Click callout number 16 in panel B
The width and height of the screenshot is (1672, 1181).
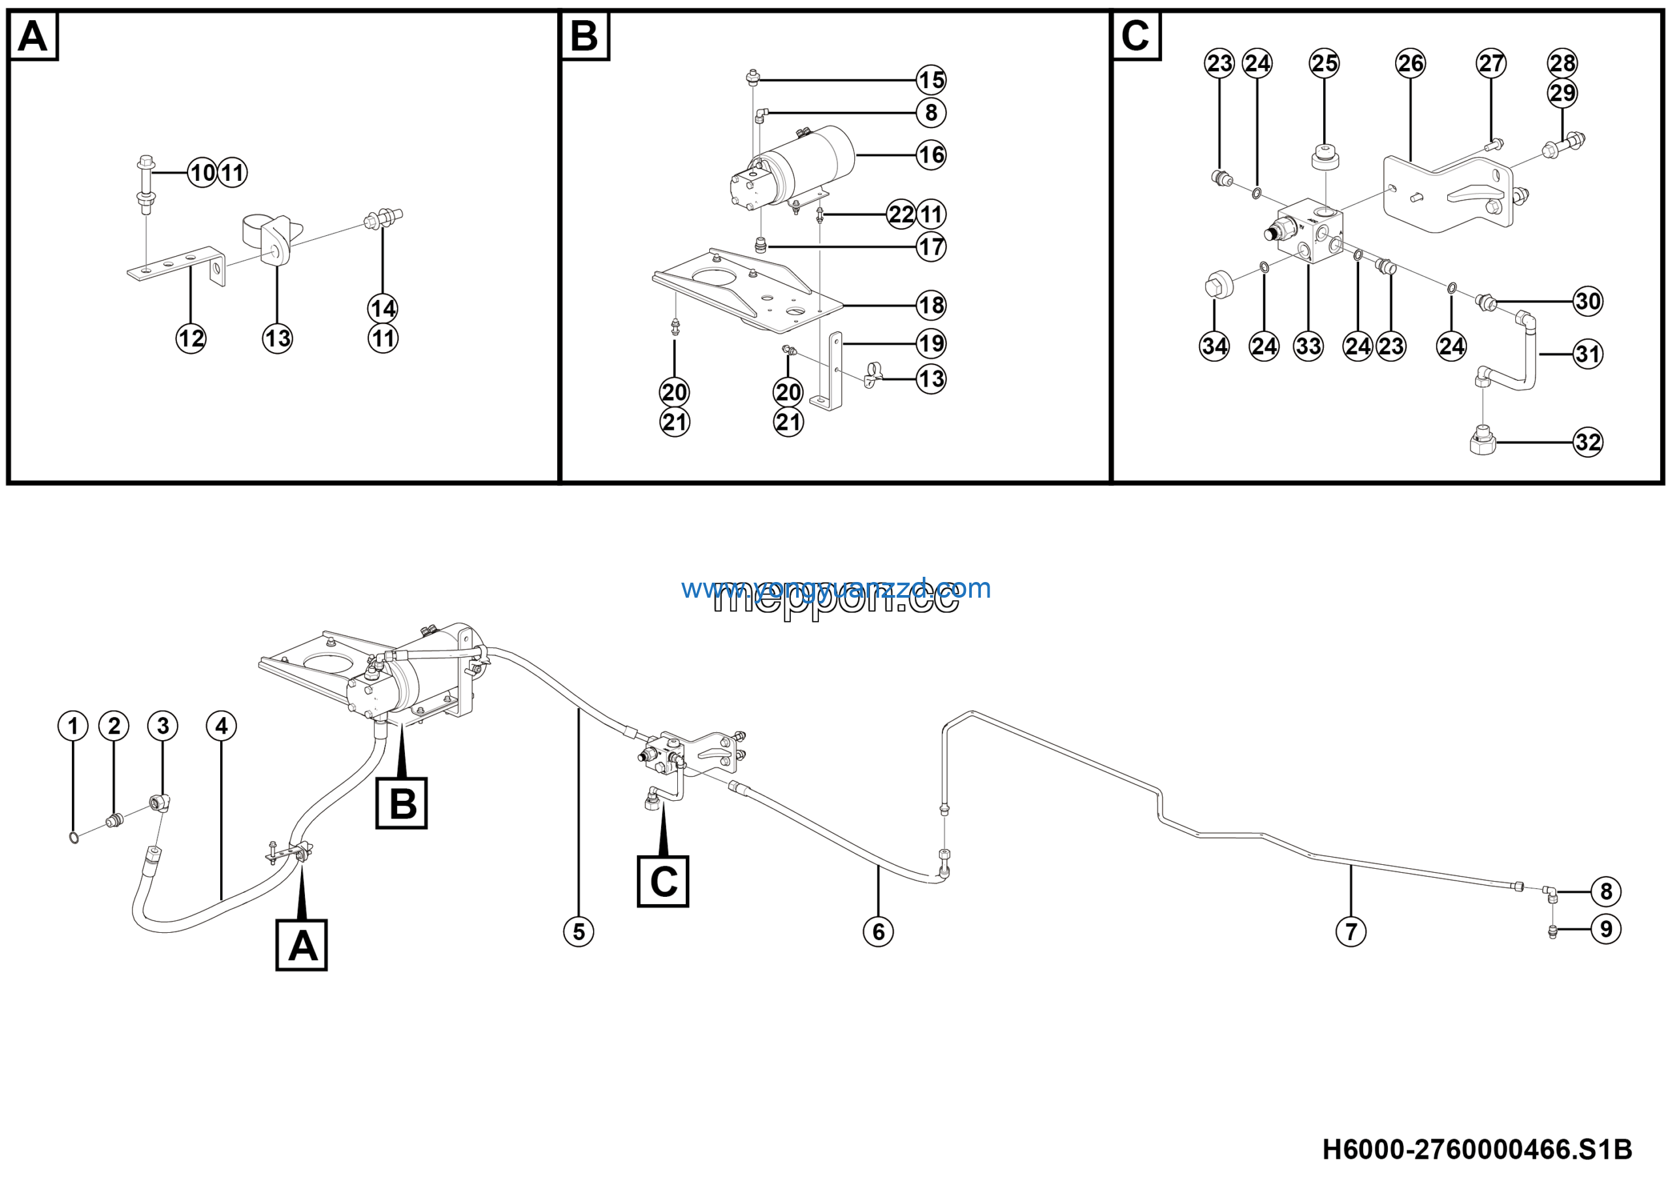tap(931, 155)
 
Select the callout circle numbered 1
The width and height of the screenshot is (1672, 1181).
tap(72, 726)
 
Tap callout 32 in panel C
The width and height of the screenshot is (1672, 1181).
tap(1588, 442)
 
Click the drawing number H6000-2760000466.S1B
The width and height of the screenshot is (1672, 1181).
tap(1477, 1150)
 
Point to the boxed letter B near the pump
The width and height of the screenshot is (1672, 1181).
tap(401, 804)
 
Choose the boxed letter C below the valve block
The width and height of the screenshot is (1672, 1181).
tap(663, 882)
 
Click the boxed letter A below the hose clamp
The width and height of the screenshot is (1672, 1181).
tap(302, 946)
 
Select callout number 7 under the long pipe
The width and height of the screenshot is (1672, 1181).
tap(1351, 931)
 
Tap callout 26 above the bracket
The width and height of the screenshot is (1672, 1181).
tap(1410, 63)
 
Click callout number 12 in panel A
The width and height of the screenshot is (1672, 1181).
tap(191, 338)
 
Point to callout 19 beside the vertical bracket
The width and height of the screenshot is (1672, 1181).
tap(931, 344)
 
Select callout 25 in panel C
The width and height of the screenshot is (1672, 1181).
tap(1324, 63)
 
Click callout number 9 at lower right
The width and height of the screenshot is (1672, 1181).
tap(1606, 929)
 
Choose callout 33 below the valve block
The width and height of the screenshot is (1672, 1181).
tap(1308, 346)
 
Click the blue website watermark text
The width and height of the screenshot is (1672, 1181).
tap(835, 589)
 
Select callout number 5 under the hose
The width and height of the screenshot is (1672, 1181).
tap(579, 931)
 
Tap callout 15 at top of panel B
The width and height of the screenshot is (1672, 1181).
tap(931, 80)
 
